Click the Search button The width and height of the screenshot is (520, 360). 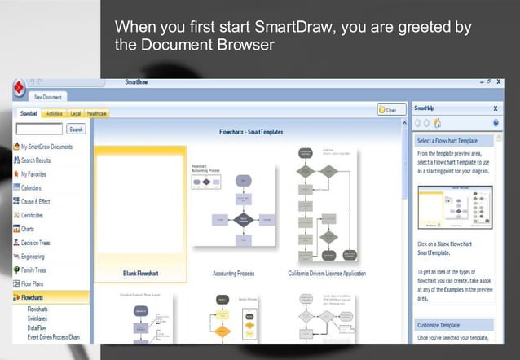(x=76, y=129)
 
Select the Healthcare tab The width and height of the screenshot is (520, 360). (x=98, y=113)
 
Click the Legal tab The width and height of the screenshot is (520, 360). (x=75, y=113)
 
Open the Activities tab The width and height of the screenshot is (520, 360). (x=54, y=113)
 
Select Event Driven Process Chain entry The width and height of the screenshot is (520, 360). (x=53, y=336)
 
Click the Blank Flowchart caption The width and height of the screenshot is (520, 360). (x=139, y=273)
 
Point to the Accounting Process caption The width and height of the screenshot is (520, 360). (x=235, y=273)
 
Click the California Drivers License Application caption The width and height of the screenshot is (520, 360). (x=327, y=273)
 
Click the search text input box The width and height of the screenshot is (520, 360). (x=39, y=129)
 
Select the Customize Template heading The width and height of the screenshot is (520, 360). (x=441, y=324)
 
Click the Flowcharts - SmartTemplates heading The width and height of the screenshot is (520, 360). (x=250, y=131)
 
